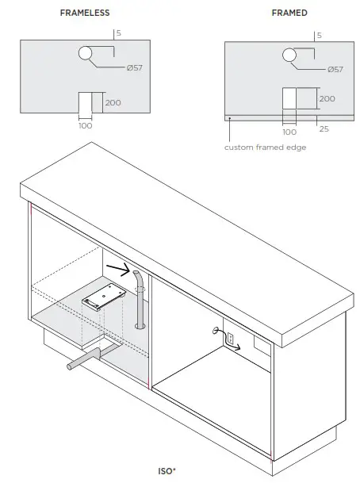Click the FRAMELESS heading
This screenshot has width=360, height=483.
85,13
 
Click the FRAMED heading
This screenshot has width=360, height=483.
289,13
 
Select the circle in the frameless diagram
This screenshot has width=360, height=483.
85,54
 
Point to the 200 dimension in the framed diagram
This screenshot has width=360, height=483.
326,99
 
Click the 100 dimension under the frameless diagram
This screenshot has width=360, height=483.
85,125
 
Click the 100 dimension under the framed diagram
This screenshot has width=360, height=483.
289,132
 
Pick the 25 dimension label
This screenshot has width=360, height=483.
323,128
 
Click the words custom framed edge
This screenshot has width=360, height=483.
265,148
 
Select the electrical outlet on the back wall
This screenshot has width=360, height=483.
230,339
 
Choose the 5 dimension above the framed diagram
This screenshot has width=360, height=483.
319,36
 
